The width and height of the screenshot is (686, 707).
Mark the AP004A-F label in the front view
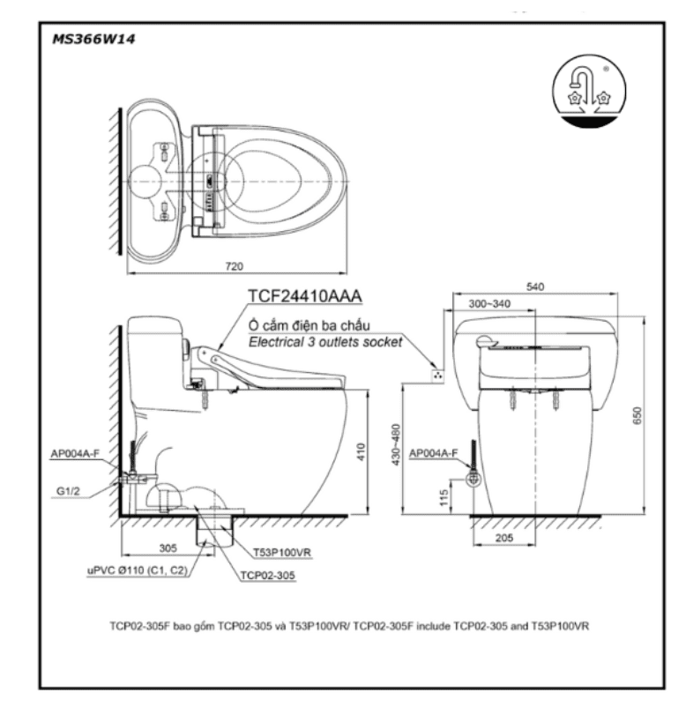[437, 453]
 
